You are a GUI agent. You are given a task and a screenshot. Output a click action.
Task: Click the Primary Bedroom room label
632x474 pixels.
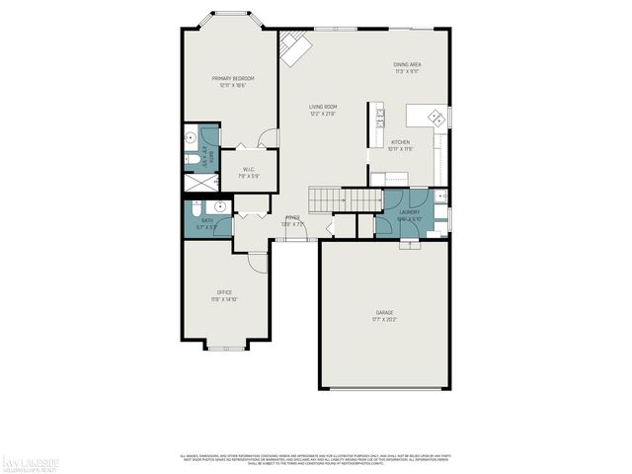point(232,78)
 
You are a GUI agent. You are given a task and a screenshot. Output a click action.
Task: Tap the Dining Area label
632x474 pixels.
point(407,65)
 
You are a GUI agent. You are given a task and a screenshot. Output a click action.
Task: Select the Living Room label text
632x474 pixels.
point(323,107)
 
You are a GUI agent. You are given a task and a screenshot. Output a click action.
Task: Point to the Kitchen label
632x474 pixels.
point(400,142)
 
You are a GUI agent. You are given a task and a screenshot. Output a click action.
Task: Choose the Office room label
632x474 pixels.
point(224,292)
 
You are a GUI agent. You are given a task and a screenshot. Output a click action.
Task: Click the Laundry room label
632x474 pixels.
point(410,212)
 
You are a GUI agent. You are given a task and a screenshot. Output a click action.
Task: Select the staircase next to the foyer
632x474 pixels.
point(346,199)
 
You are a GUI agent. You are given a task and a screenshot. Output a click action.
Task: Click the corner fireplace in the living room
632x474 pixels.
point(293,46)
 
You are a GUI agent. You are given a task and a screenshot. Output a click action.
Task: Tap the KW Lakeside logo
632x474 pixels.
point(33,461)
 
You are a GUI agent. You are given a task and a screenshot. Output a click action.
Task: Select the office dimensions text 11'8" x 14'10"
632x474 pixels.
point(224,299)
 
